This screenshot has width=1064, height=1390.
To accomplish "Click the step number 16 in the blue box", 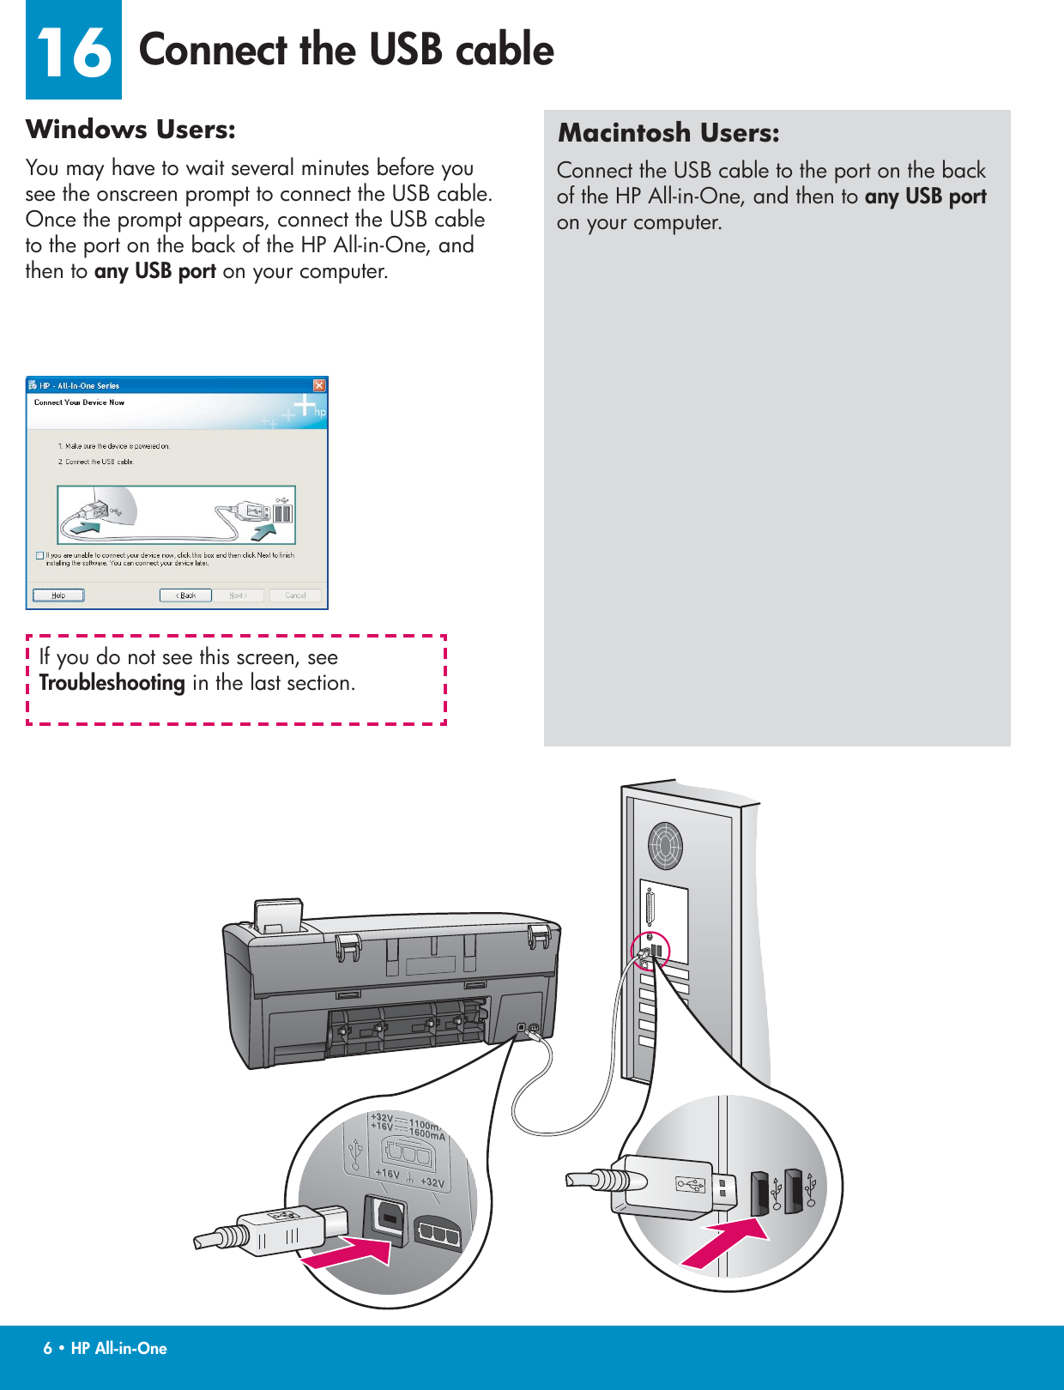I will click(74, 51).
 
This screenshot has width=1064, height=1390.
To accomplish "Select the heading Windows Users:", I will click(130, 130).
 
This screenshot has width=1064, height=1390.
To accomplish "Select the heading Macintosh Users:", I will click(668, 133).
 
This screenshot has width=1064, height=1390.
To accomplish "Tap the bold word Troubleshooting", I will click(112, 683).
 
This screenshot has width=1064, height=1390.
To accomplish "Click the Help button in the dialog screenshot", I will click(58, 595).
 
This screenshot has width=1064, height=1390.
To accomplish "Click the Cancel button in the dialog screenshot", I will click(295, 595).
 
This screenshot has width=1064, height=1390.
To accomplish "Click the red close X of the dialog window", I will click(319, 385).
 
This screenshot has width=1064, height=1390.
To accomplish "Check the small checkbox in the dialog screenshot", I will click(39, 555).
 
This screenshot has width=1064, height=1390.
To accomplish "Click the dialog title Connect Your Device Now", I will click(79, 402).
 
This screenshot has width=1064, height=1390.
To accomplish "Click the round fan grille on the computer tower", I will click(665, 845).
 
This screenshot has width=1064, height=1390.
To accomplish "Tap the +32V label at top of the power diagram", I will click(382, 1118).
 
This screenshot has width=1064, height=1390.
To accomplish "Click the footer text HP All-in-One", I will click(118, 1348).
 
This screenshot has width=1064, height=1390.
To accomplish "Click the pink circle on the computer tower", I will click(650, 951).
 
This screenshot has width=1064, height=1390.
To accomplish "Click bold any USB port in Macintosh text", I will click(925, 196).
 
